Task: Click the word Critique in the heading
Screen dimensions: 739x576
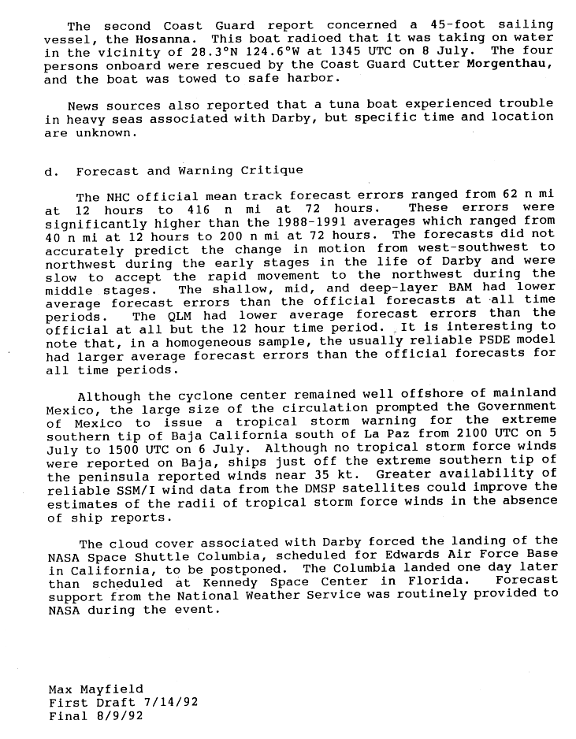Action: pos(276,171)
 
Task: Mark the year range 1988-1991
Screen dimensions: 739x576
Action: pos(288,222)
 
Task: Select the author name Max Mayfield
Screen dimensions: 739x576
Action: pos(95,689)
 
